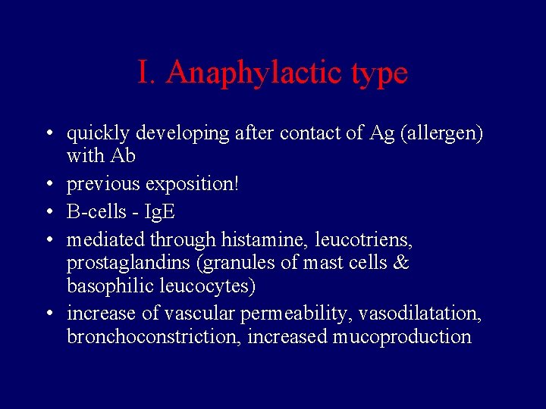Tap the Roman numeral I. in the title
click(x=147, y=73)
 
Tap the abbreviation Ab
click(x=122, y=156)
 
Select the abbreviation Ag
click(x=381, y=134)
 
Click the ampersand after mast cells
click(x=402, y=263)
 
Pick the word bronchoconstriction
click(x=154, y=336)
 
